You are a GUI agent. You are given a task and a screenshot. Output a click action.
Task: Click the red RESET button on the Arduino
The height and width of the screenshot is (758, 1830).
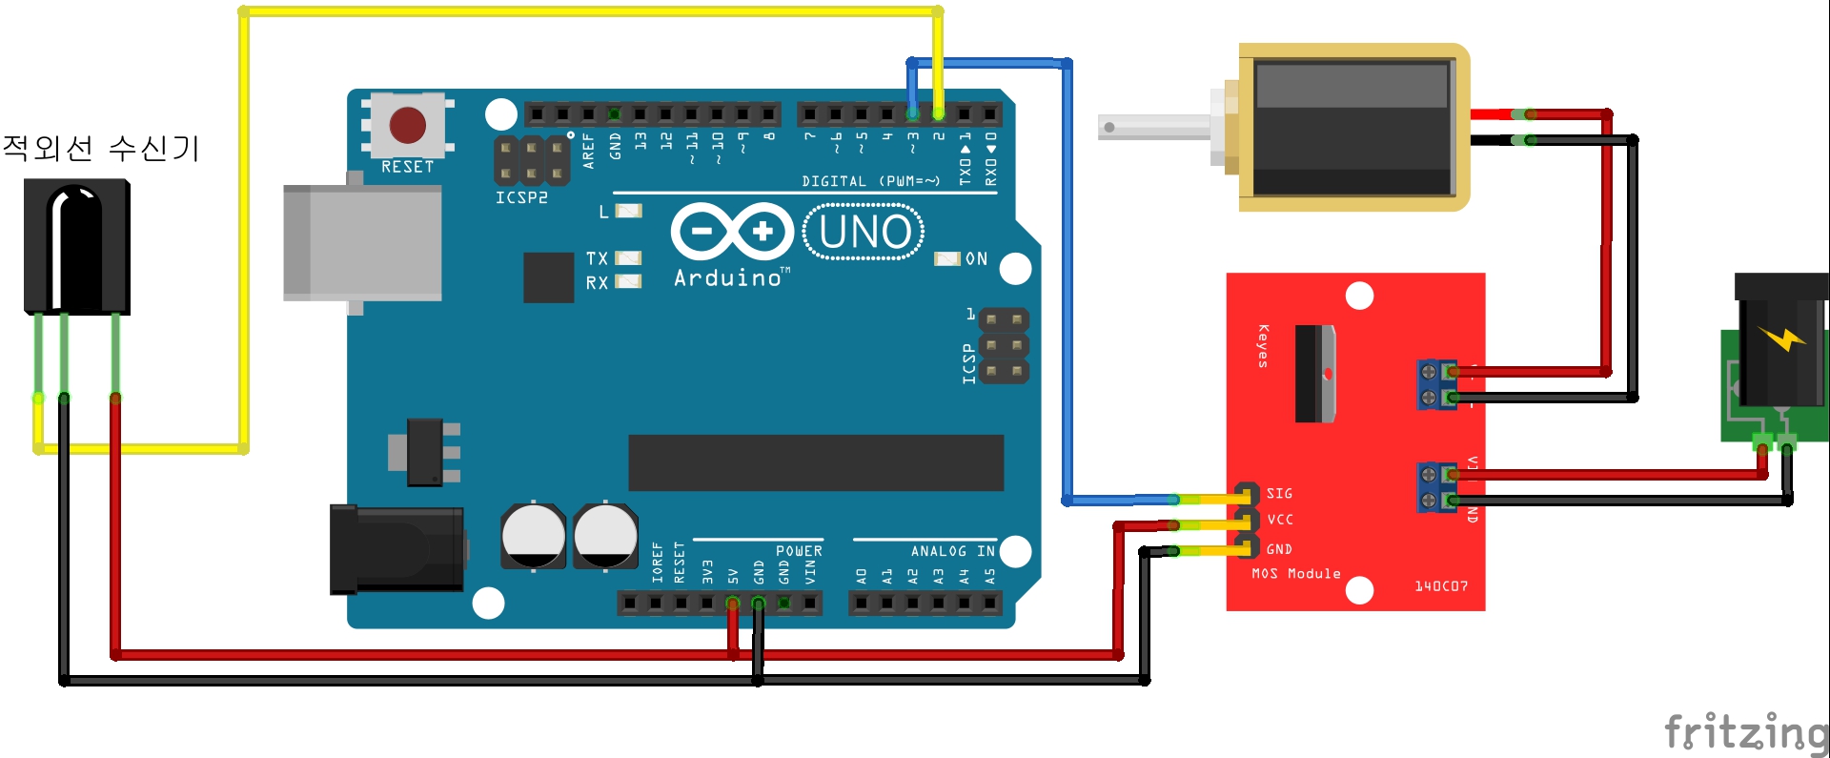pyautogui.click(x=407, y=125)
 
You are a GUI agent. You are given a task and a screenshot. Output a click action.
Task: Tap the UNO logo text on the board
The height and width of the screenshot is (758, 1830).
pyautogui.click(x=864, y=232)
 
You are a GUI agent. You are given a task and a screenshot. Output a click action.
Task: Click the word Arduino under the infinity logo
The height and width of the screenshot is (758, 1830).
pyautogui.click(x=729, y=278)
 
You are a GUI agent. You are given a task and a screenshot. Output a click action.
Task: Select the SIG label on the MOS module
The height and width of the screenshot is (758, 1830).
pyautogui.click(x=1279, y=493)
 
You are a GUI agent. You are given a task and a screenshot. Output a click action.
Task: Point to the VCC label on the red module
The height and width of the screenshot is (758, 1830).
pyautogui.click(x=1280, y=520)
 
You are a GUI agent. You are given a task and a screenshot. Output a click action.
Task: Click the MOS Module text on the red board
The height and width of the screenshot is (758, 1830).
pyautogui.click(x=1296, y=573)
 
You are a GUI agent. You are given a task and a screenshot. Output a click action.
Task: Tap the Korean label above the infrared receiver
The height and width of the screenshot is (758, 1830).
pyautogui.click(x=101, y=148)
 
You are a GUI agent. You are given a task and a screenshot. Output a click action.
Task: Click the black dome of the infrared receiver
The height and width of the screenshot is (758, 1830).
pyautogui.click(x=76, y=243)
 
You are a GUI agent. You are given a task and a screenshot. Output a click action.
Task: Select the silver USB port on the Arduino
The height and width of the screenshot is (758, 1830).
pyautogui.click(x=362, y=243)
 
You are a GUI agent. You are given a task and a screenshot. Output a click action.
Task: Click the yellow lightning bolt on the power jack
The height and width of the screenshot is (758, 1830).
pyautogui.click(x=1780, y=338)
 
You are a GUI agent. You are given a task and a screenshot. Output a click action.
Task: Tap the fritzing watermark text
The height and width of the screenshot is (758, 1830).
pyautogui.click(x=1745, y=733)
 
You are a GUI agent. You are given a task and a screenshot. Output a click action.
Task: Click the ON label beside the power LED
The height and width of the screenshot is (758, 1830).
pyautogui.click(x=976, y=259)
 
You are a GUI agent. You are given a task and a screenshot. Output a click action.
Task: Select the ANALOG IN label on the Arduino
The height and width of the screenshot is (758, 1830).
pyautogui.click(x=952, y=551)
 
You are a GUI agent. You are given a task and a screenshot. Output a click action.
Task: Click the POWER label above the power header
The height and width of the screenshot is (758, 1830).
pyautogui.click(x=799, y=551)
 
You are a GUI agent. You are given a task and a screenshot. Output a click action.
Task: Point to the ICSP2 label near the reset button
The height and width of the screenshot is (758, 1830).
pyautogui.click(x=521, y=197)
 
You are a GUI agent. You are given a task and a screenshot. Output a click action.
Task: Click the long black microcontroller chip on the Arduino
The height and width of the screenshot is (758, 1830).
pyautogui.click(x=816, y=462)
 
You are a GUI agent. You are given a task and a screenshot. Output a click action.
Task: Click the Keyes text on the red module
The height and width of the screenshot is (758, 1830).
pyautogui.click(x=1263, y=345)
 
